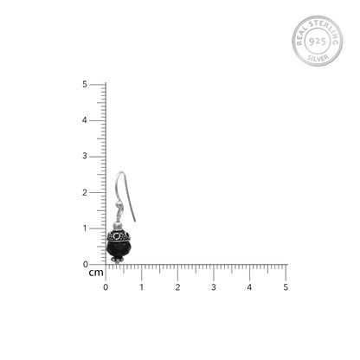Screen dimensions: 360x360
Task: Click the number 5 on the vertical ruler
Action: (85, 84)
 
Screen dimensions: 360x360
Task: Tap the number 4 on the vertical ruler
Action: (85, 120)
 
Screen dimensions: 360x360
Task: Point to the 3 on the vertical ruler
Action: (85, 156)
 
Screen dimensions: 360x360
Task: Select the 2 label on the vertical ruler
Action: (85, 192)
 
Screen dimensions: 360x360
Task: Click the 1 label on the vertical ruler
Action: (85, 228)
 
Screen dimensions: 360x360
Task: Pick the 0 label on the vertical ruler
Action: (85, 264)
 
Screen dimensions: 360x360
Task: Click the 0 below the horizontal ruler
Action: (106, 287)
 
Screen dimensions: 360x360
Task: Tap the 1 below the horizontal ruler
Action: (142, 287)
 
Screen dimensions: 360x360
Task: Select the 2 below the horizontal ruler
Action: (177, 287)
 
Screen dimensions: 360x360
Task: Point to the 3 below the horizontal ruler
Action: (214, 287)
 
